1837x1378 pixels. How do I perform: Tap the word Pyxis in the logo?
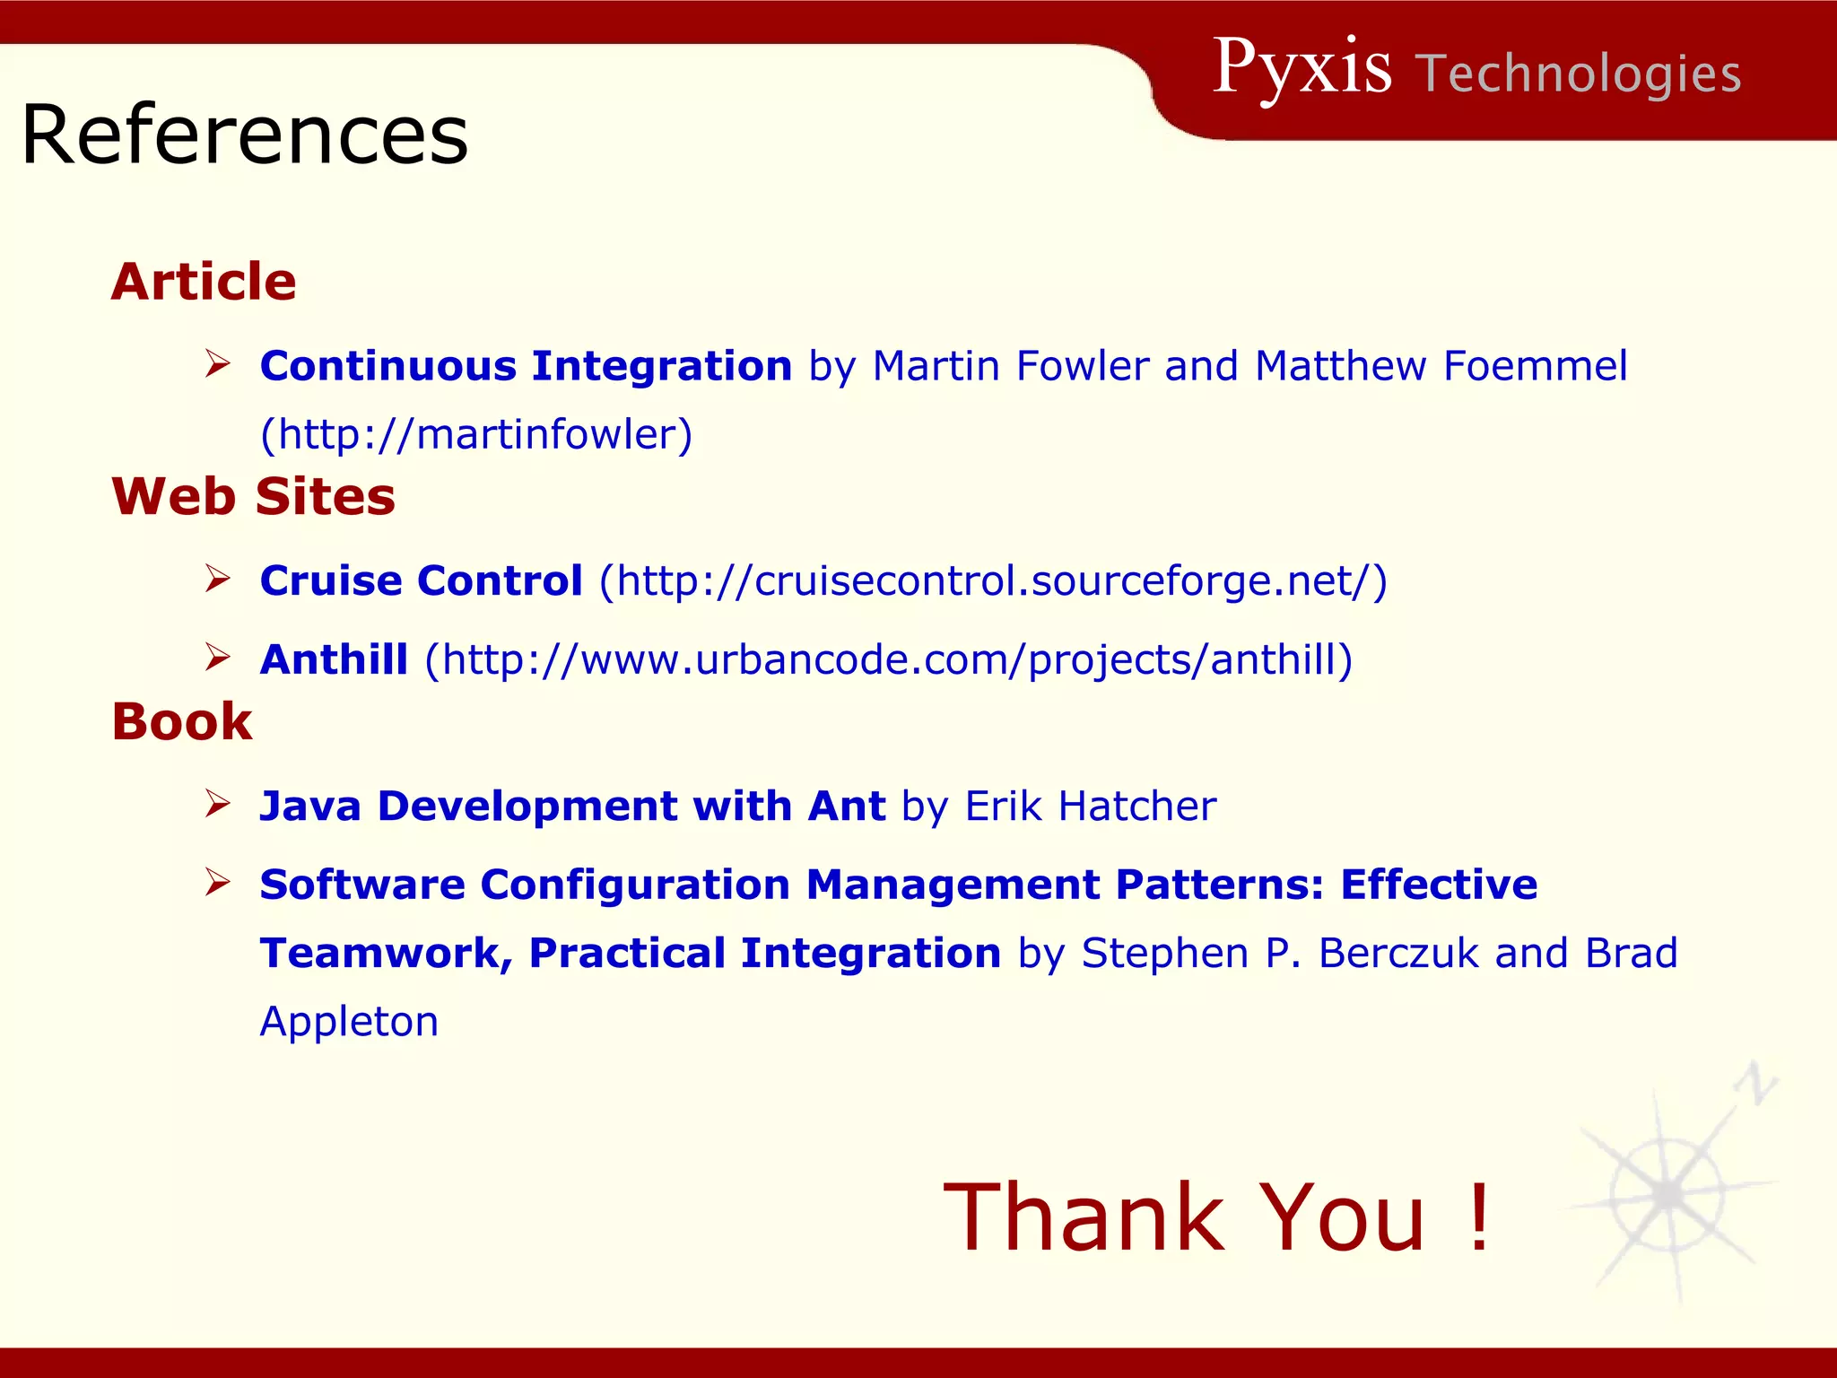click(x=1302, y=68)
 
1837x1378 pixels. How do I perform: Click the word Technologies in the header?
click(x=1579, y=74)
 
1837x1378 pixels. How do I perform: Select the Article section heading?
click(x=204, y=282)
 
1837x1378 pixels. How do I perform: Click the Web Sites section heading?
click(x=253, y=496)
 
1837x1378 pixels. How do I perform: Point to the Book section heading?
click(x=182, y=721)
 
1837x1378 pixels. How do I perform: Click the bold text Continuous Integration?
click(x=526, y=366)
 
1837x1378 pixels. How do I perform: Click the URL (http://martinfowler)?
click(x=476, y=434)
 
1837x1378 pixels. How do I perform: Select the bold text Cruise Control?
click(x=421, y=580)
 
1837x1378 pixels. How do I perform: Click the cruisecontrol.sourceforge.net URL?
click(x=993, y=580)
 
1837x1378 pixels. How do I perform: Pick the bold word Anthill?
click(x=334, y=659)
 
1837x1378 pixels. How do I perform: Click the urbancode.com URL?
click(x=888, y=659)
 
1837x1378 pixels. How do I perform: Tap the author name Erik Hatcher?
click(x=1091, y=806)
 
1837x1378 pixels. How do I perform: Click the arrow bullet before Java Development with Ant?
click(x=217, y=803)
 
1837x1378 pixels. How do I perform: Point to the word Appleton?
click(x=349, y=1022)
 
